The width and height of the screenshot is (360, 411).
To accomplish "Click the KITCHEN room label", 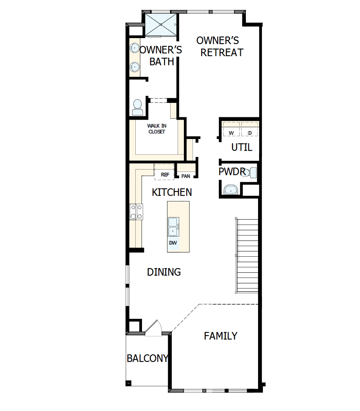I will pyautogui.click(x=172, y=192).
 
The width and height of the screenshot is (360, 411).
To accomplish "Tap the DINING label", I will pyautogui.click(x=164, y=272).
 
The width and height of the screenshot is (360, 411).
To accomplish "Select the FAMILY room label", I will pyautogui.click(x=221, y=336).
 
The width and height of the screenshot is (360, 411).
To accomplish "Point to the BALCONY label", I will pyautogui.click(x=147, y=358).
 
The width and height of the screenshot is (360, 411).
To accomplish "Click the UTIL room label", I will pyautogui.click(x=242, y=148).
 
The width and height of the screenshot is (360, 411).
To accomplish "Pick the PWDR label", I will pyautogui.click(x=232, y=172).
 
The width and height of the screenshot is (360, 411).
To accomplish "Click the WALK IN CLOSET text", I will pyautogui.click(x=156, y=129).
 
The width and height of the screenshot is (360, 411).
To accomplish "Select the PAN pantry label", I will pyautogui.click(x=186, y=176).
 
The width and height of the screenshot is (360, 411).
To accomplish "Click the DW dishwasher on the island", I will pyautogui.click(x=173, y=243).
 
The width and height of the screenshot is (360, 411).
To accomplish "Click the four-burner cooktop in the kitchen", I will pyautogui.click(x=136, y=212).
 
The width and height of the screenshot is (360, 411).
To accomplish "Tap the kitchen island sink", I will pyautogui.click(x=173, y=227).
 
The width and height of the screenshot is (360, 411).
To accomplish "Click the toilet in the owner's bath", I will pyautogui.click(x=137, y=107).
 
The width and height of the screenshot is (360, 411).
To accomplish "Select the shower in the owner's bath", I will pyautogui.click(x=161, y=25).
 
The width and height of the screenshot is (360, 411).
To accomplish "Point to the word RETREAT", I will pyautogui.click(x=222, y=53).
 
